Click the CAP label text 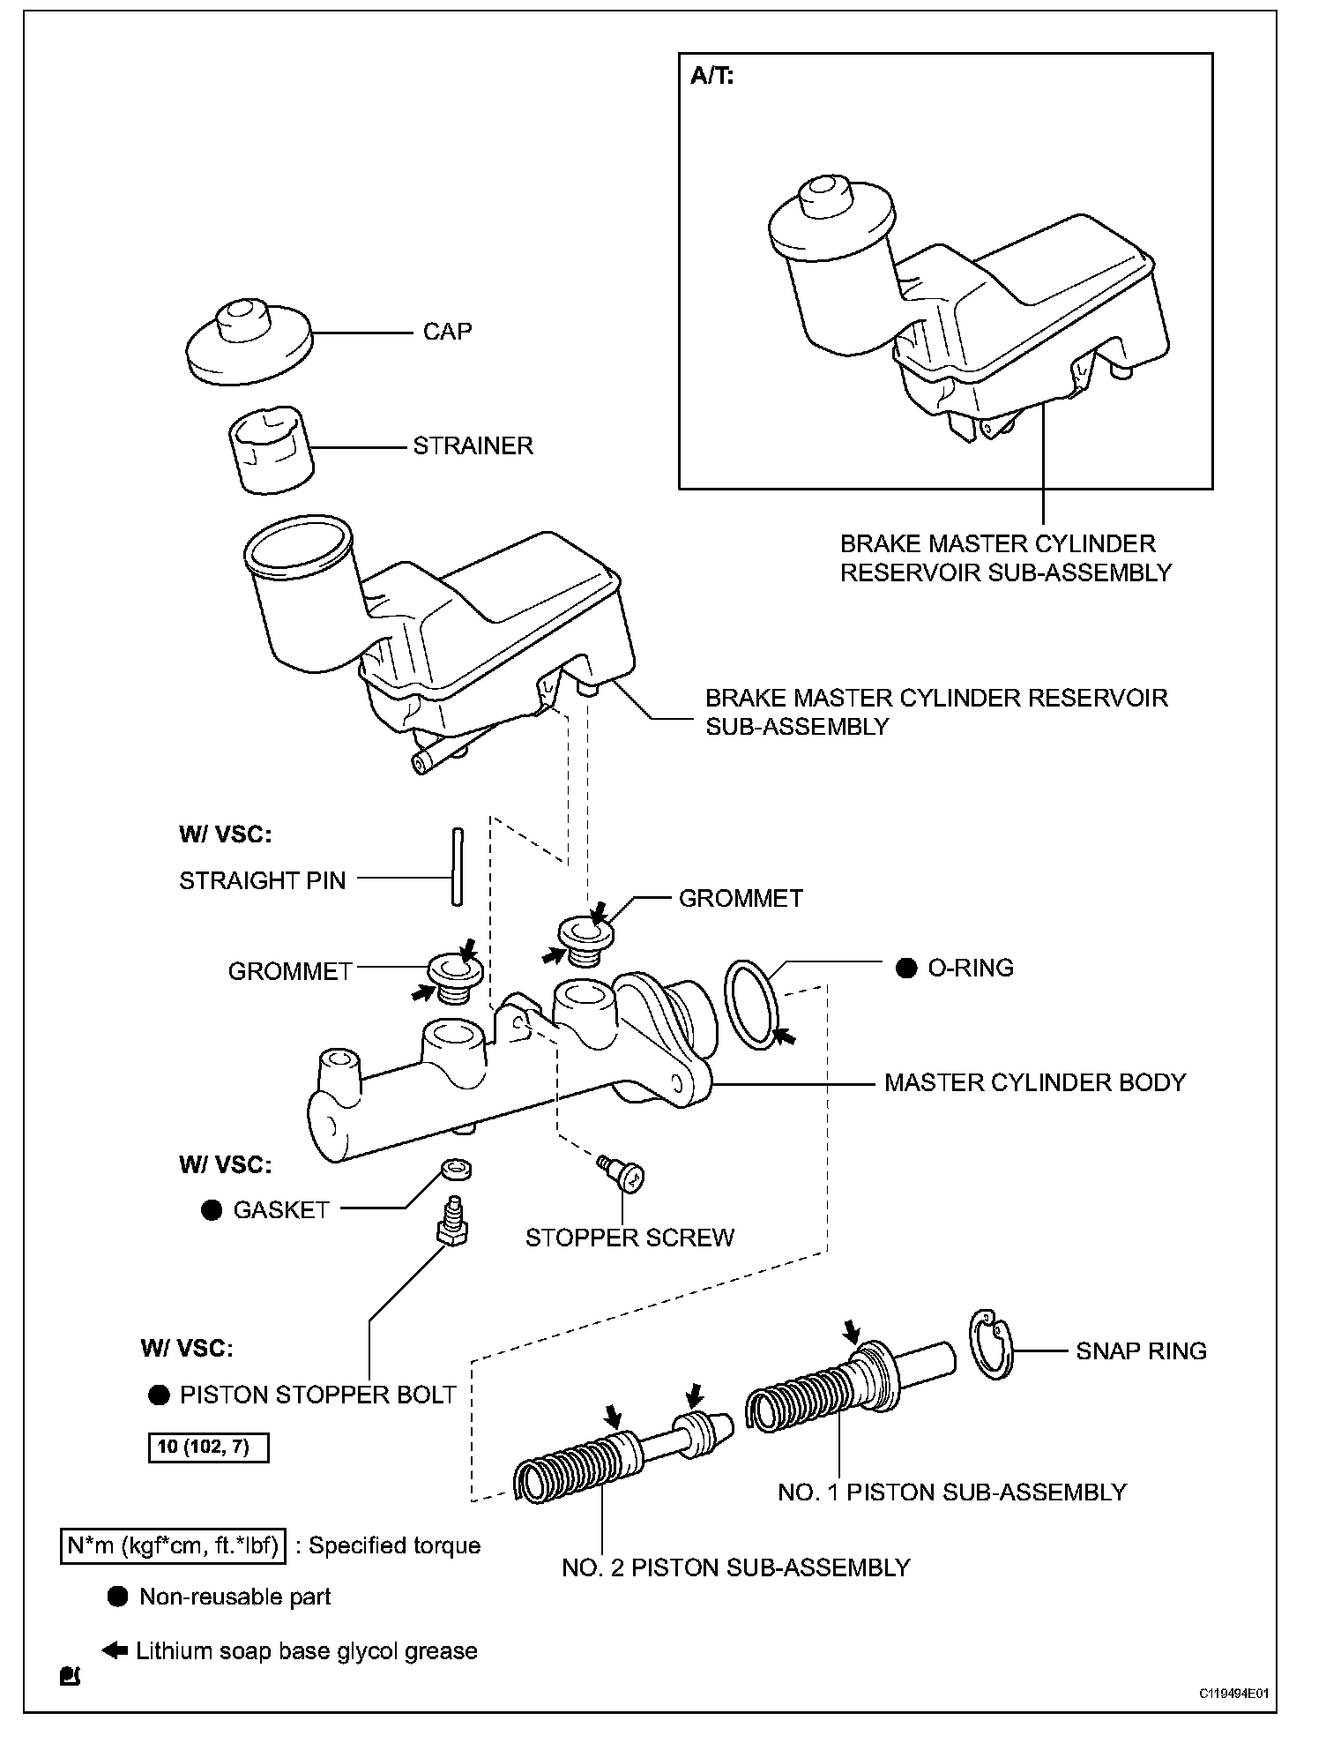click(447, 332)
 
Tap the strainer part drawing click(272, 449)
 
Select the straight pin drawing click(458, 866)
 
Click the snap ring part click(993, 1344)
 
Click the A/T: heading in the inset click(712, 77)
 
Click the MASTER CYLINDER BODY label click(1035, 1082)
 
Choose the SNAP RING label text click(1141, 1350)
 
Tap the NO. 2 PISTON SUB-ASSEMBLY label click(736, 1567)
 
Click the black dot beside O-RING click(906, 969)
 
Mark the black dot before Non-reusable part click(118, 1597)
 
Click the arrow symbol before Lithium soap click(115, 1649)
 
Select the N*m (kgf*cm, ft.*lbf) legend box click(173, 1545)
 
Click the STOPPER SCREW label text click(629, 1238)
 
